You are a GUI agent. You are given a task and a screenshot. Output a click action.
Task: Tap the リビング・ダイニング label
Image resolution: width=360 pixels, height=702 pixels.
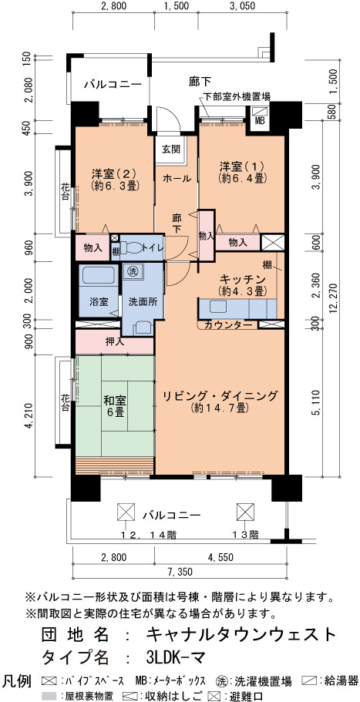tap(220, 396)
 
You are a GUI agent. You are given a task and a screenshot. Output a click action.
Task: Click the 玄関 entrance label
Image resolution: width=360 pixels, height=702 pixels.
tap(170, 149)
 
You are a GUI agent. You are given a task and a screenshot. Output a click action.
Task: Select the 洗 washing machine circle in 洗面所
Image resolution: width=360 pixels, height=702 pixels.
tap(133, 270)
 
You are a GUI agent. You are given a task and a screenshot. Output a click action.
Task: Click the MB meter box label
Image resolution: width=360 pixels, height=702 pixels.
tap(260, 120)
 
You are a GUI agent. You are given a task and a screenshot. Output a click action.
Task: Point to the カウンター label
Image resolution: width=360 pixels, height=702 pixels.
tap(227, 325)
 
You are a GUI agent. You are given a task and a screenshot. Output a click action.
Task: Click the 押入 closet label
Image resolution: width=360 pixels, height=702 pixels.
tap(114, 341)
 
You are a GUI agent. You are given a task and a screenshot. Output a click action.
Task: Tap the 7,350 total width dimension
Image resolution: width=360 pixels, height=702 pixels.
tap(181, 572)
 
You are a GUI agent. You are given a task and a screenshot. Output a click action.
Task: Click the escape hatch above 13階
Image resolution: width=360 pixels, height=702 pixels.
tap(245, 511)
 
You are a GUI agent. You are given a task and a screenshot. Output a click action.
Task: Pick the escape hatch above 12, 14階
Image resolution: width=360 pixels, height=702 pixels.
tap(126, 511)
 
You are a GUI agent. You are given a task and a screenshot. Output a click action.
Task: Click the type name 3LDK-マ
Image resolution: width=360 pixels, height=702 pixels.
tap(176, 657)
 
